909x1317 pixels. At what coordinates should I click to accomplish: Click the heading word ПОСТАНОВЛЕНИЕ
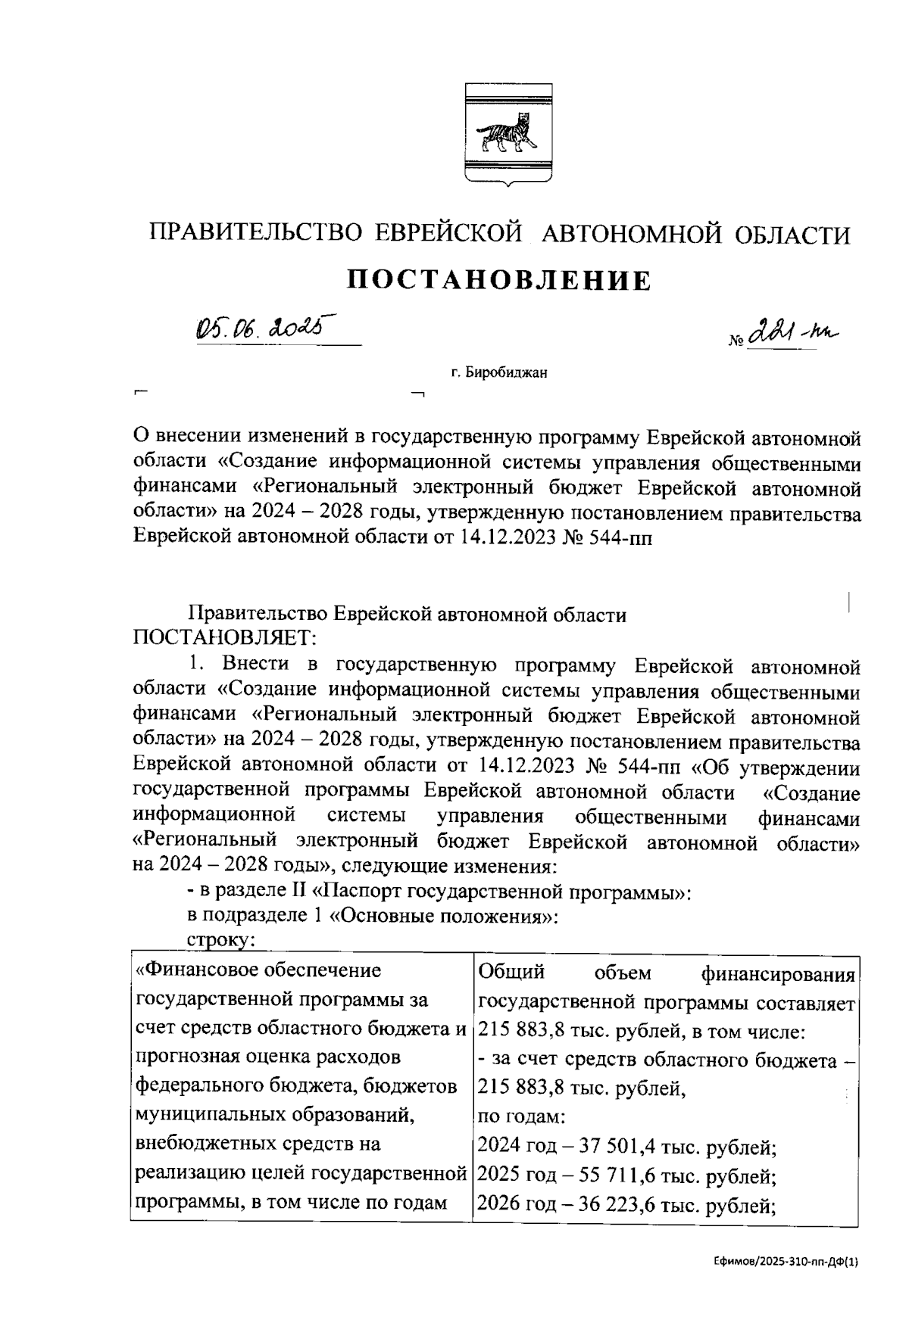click(499, 280)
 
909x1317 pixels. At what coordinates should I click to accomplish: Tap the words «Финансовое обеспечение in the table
click(258, 970)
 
